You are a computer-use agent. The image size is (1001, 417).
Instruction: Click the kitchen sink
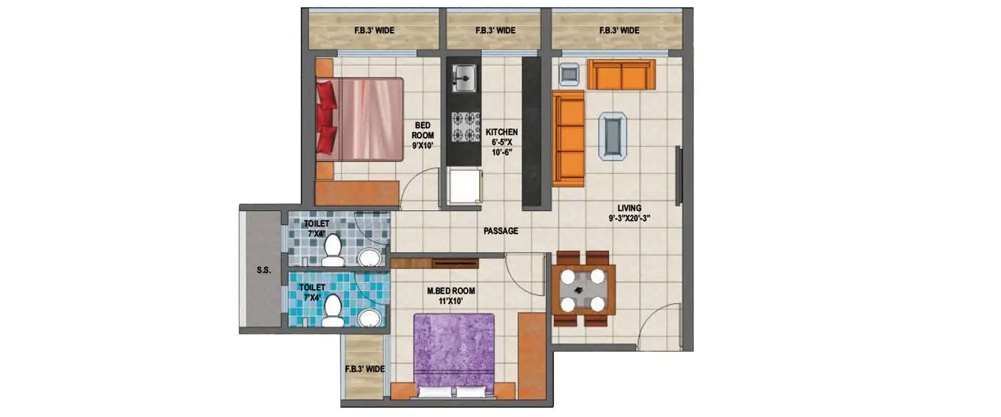464,77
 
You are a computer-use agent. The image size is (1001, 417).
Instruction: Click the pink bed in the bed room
366,119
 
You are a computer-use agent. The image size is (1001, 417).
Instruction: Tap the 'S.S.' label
263,271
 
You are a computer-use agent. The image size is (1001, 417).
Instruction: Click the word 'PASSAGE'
500,231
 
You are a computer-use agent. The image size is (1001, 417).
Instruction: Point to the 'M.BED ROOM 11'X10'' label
451,296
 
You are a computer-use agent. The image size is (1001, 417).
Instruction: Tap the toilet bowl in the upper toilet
332,247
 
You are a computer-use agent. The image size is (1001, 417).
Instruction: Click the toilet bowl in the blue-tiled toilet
332,310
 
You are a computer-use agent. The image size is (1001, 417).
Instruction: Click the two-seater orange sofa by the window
621,74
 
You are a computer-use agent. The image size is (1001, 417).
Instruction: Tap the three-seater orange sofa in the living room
568,139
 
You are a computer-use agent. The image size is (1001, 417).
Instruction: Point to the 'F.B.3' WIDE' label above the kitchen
495,31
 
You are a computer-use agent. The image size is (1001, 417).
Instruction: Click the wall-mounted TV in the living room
679,176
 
